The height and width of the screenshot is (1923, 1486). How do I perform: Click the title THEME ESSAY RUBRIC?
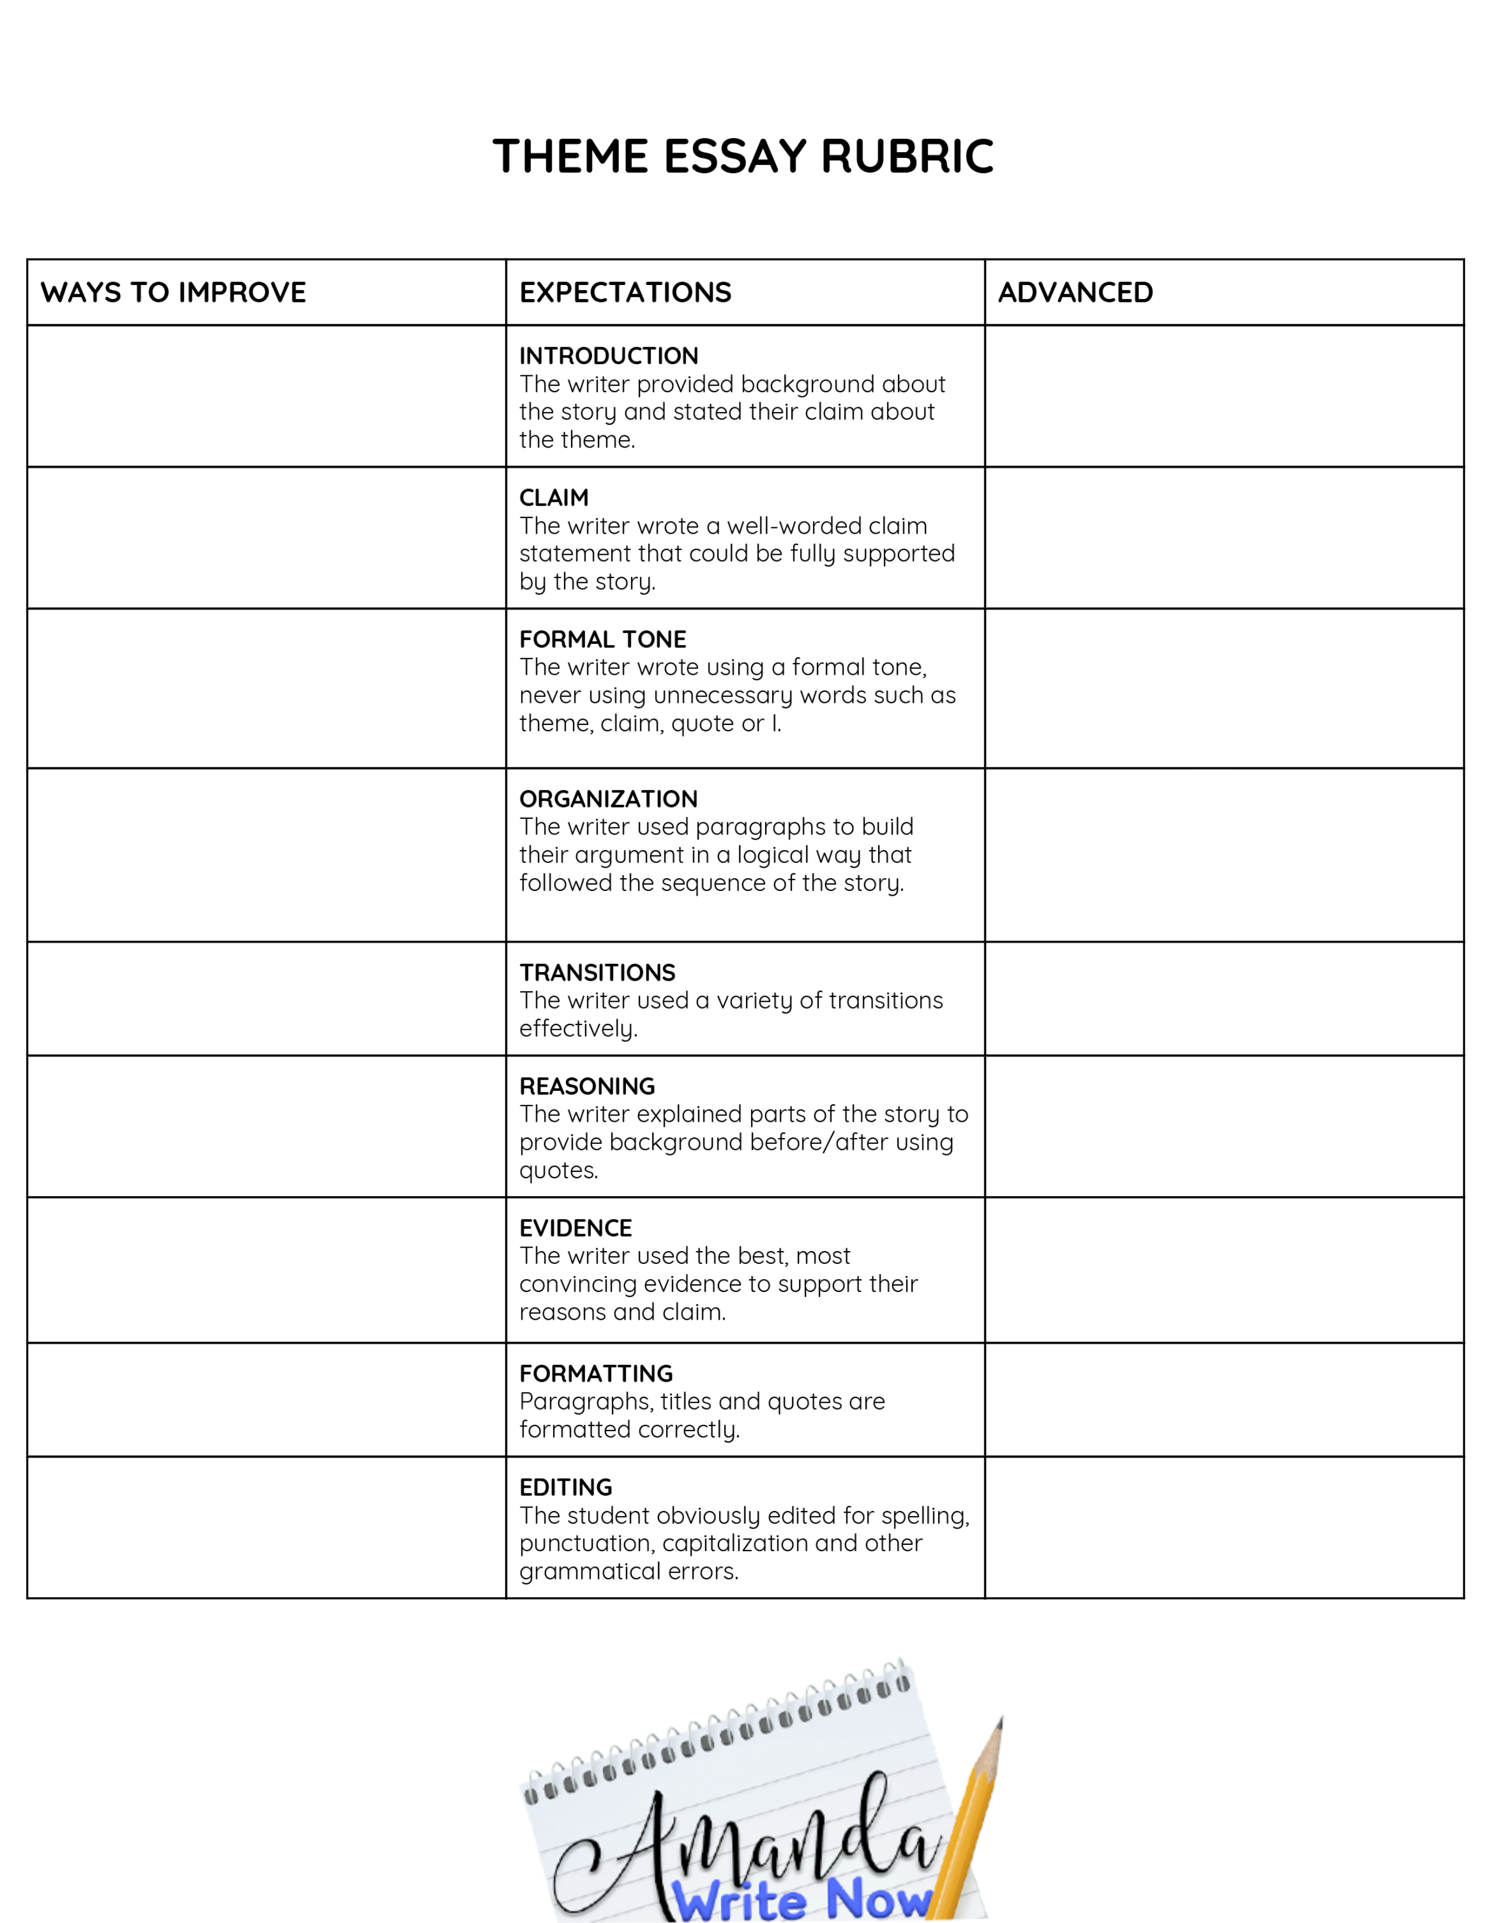[x=743, y=157]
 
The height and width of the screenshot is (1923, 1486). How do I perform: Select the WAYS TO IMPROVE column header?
[x=174, y=293]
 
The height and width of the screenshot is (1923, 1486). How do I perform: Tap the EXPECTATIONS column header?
[x=625, y=293]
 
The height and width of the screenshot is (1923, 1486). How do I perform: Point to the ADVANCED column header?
[x=1075, y=293]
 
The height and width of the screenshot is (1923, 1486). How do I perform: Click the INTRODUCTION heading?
[x=608, y=355]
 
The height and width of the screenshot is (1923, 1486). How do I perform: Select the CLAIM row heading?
[x=554, y=498]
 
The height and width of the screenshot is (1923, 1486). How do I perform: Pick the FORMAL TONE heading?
[x=602, y=639]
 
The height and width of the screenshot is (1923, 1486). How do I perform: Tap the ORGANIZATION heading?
[x=608, y=798]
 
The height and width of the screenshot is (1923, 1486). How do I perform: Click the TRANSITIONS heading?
[x=597, y=972]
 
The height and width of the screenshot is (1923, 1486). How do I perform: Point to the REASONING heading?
[x=587, y=1086]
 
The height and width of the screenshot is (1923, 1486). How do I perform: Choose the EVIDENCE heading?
[x=576, y=1227]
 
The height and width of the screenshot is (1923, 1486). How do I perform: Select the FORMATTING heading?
[x=596, y=1373]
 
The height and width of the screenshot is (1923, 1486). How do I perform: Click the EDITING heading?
[x=565, y=1487]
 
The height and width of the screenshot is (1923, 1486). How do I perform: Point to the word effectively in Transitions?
[x=578, y=1029]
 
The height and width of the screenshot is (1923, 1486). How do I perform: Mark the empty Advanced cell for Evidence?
[x=1224, y=1270]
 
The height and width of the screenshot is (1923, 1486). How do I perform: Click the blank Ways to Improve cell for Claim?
[x=266, y=538]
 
